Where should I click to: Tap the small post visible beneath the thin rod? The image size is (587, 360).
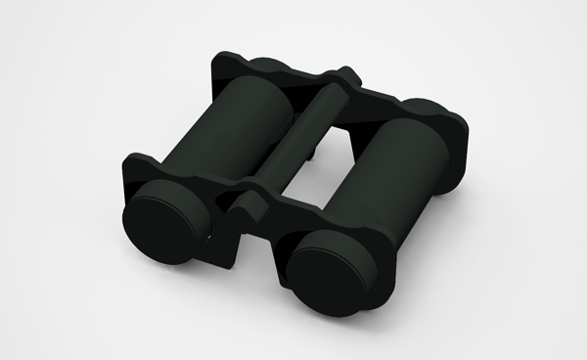pyautogui.click(x=311, y=157)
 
